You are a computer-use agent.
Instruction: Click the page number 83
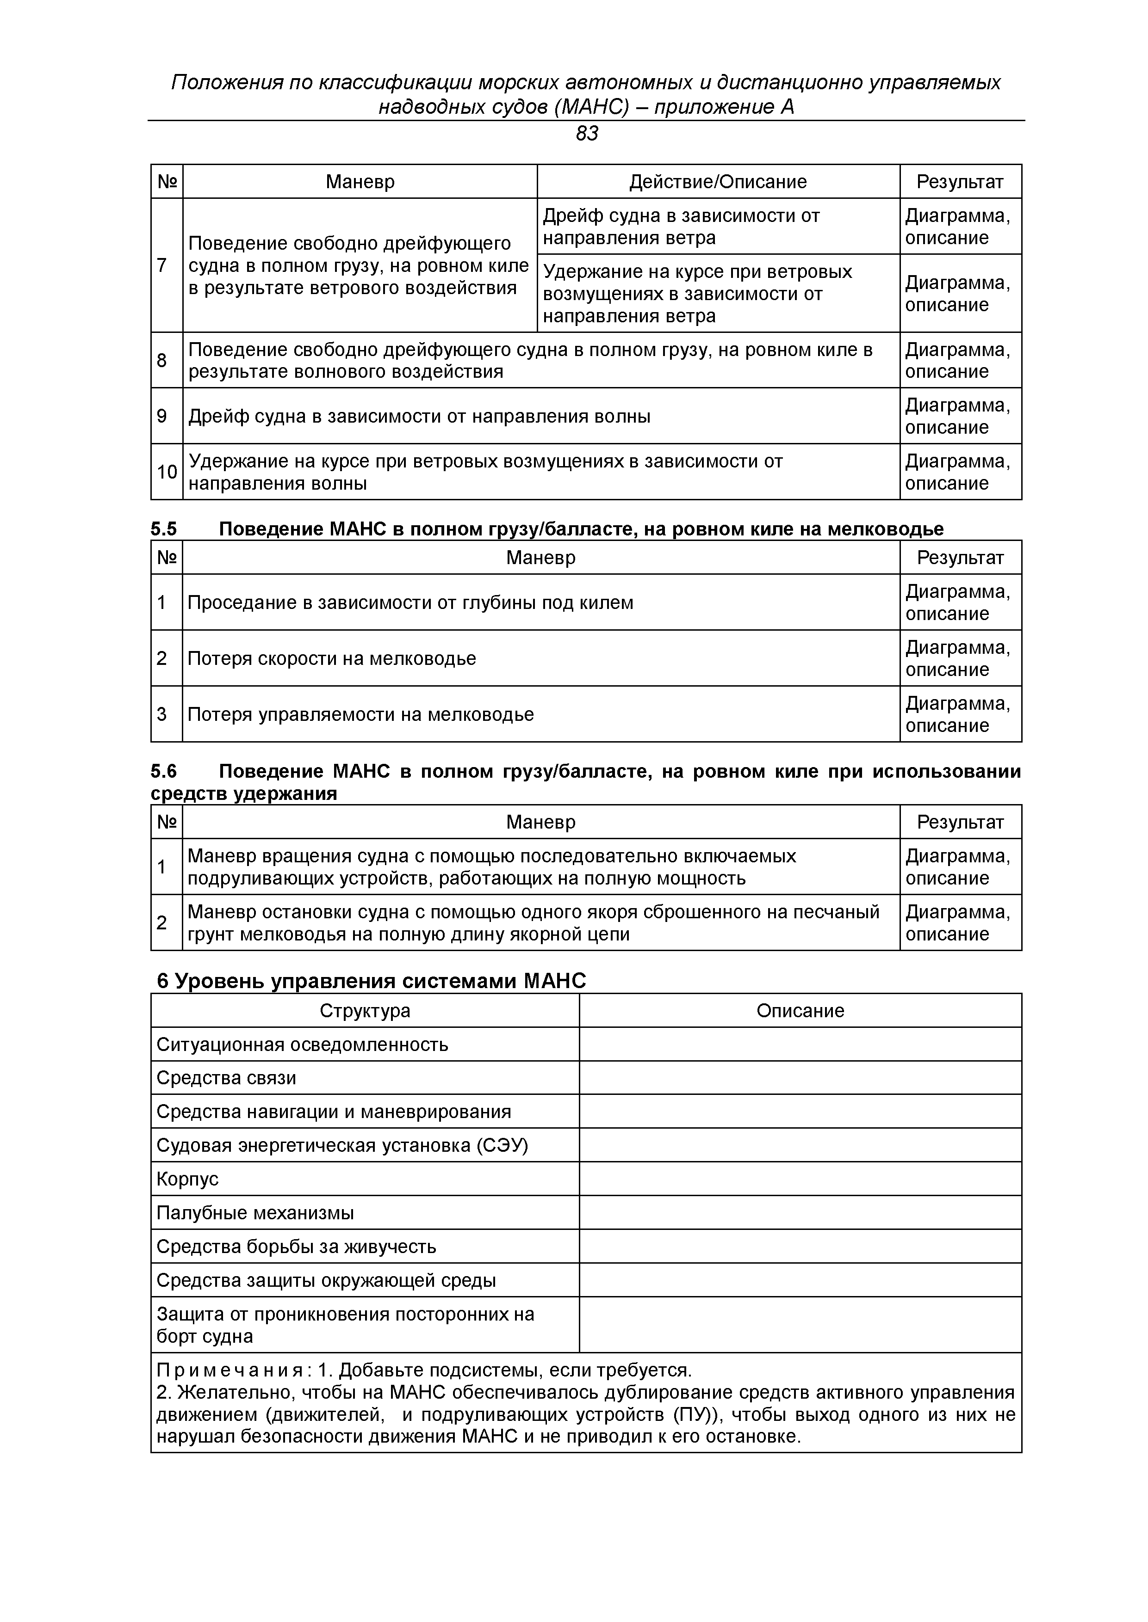pos(587,134)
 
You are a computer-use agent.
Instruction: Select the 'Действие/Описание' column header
pos(718,182)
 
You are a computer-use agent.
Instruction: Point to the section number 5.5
pos(164,529)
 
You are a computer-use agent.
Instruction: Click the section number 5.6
pos(164,771)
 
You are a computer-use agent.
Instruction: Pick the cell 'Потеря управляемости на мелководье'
pos(360,714)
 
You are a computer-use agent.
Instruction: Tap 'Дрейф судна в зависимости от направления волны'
pos(419,416)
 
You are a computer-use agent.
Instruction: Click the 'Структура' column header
pos(365,1011)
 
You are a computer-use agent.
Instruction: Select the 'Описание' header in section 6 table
pos(800,1011)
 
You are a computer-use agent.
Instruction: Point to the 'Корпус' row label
pos(187,1179)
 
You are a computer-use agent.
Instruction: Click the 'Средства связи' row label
pos(226,1078)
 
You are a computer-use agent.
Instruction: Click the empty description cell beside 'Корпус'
pos(800,1179)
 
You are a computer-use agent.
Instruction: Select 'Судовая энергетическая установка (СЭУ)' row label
pos(342,1145)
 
